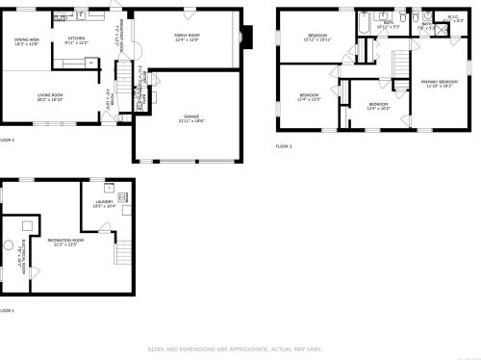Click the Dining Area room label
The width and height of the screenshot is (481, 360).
coord(26,41)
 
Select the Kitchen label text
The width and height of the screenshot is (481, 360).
coord(76,40)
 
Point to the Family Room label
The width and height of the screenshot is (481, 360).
coord(186,37)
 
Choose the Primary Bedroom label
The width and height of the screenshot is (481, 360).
coord(439,84)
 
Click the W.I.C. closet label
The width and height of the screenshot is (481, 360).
coord(452,17)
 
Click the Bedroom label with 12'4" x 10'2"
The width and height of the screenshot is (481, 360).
coord(378,106)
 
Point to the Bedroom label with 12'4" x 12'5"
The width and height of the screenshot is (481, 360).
coord(309,97)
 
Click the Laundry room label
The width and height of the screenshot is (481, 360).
coord(104,203)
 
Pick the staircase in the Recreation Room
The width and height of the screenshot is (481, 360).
coord(122,252)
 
